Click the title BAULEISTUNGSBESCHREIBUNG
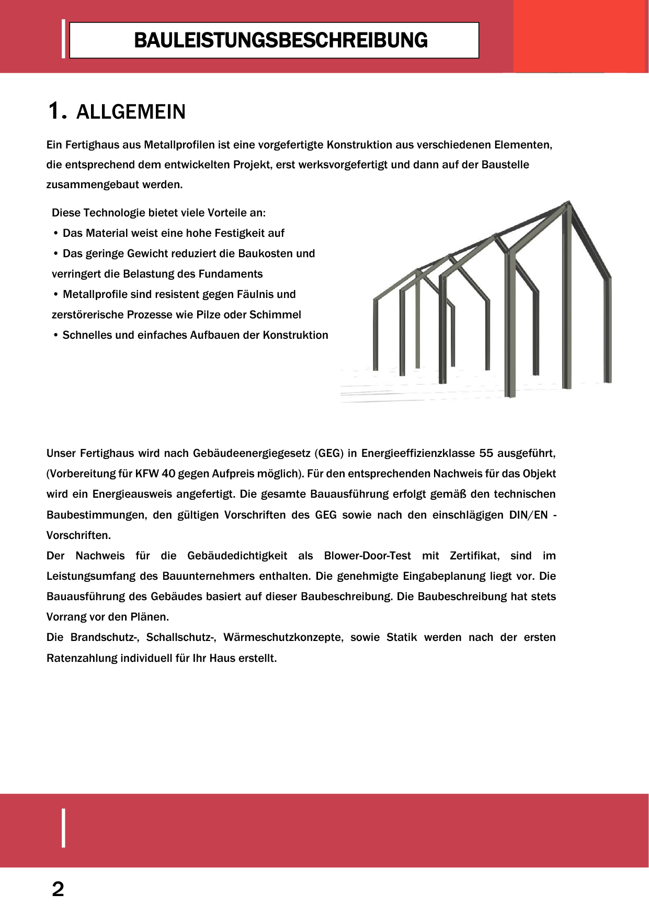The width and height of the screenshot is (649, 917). coord(280,40)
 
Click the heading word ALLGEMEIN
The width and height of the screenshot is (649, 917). coord(131,112)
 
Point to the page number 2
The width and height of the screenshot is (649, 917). coord(58,889)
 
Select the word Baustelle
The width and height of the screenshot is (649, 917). coord(505,165)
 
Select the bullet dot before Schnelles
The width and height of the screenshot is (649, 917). coord(55,335)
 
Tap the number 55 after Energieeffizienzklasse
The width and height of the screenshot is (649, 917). coord(486,453)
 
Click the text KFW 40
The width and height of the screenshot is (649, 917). coord(155,474)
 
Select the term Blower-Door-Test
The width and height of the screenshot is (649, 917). coord(367,556)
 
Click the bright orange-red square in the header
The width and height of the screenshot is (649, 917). coord(580,36)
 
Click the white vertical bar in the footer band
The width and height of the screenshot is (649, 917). coord(64,828)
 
